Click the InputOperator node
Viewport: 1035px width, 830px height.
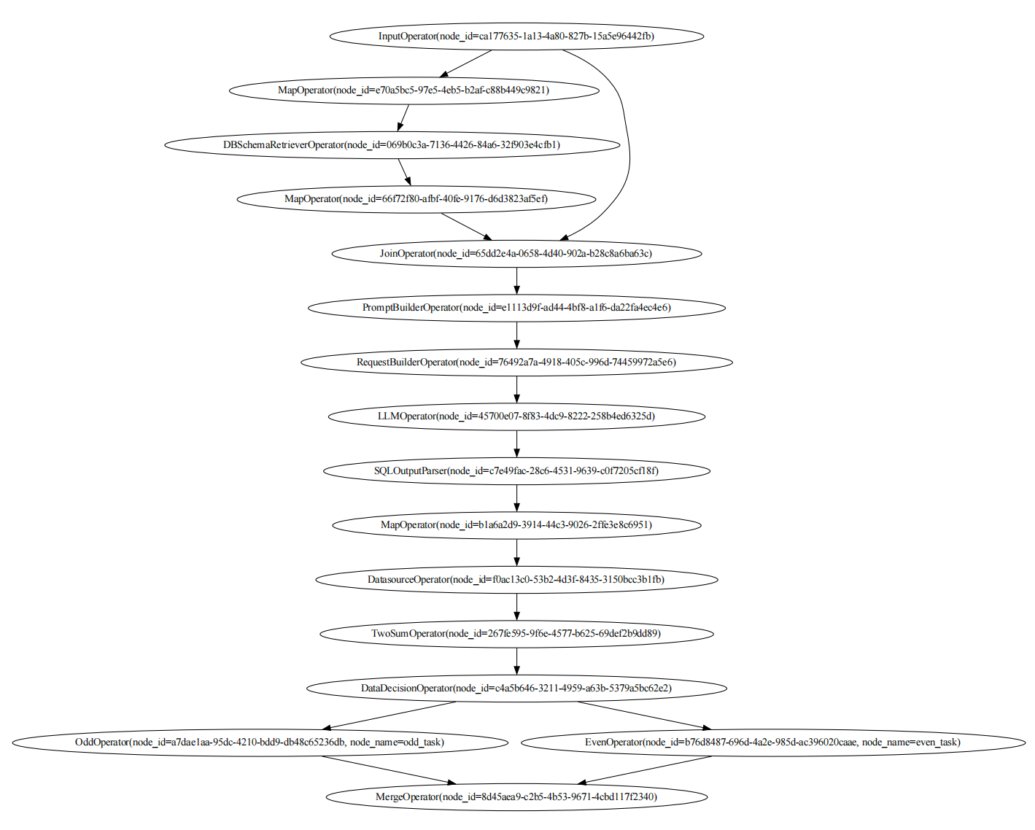point(516,36)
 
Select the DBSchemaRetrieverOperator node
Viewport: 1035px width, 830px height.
point(392,144)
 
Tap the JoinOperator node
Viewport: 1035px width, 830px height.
point(516,253)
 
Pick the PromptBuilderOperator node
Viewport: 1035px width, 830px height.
point(516,307)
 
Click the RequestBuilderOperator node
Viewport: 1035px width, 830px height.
point(516,362)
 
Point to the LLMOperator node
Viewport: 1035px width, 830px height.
point(516,416)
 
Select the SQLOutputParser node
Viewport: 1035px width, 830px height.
point(516,470)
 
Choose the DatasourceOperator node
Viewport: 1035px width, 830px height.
point(516,579)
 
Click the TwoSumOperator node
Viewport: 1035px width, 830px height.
point(516,633)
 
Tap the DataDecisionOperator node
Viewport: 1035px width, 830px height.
point(516,688)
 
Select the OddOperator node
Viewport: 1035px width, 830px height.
point(260,742)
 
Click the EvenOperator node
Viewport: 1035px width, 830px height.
point(773,742)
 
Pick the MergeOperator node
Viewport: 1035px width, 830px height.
point(516,796)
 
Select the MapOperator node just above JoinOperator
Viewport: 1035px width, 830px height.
point(416,198)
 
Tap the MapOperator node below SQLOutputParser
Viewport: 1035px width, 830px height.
point(516,524)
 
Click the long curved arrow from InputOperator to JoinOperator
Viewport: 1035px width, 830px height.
point(626,139)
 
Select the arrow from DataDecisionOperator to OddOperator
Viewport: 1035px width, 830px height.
point(390,715)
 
